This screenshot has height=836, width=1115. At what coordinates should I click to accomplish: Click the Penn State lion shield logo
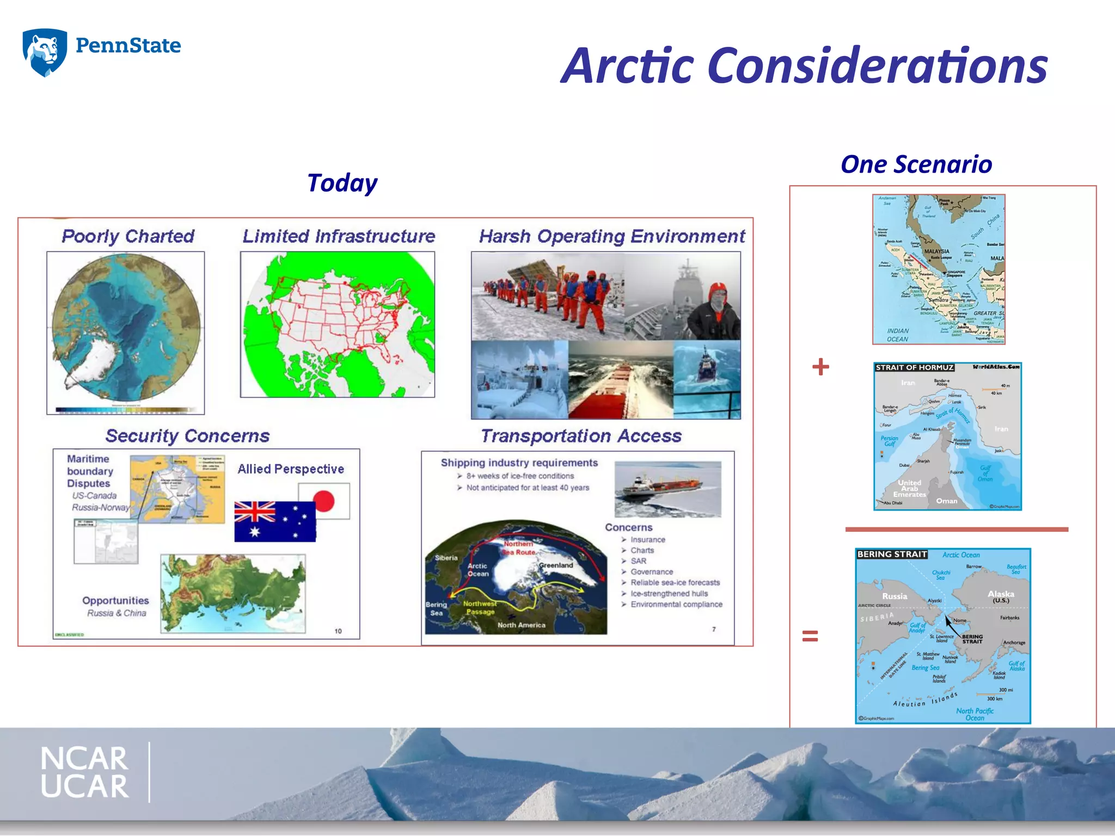[x=45, y=52]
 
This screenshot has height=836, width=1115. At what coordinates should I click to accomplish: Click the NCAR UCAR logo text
[x=85, y=772]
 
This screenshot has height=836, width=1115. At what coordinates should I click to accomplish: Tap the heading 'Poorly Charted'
[x=128, y=236]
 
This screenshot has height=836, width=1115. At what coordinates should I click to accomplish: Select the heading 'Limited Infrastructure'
[x=339, y=236]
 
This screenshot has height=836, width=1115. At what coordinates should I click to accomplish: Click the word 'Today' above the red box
[x=342, y=183]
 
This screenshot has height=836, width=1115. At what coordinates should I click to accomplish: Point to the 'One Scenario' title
[x=916, y=164]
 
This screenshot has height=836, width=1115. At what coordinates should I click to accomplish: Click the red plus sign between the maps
[x=820, y=367]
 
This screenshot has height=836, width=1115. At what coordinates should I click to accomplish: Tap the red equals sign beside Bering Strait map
[x=810, y=635]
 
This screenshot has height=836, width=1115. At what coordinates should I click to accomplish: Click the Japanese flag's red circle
[x=324, y=501]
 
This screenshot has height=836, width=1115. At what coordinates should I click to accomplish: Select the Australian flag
[x=274, y=521]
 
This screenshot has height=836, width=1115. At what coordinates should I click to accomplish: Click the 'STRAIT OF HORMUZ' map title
[x=914, y=367]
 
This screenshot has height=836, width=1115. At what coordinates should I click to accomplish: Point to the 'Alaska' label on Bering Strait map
[x=1001, y=594]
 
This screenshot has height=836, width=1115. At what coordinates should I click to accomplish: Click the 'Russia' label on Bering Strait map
[x=895, y=596]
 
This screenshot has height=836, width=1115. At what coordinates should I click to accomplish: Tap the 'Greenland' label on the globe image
[x=556, y=565]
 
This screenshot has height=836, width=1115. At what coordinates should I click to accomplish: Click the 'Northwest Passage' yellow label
[x=480, y=607]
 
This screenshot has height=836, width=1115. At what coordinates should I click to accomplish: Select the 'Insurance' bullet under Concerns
[x=647, y=539]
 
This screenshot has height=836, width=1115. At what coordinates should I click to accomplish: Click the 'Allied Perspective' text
[x=291, y=469]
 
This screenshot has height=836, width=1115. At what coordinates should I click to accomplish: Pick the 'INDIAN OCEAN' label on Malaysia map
[x=898, y=335]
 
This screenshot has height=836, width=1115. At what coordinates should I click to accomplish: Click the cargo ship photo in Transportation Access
[x=667, y=489]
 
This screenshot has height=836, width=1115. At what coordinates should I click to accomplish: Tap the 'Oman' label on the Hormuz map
[x=946, y=501]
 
